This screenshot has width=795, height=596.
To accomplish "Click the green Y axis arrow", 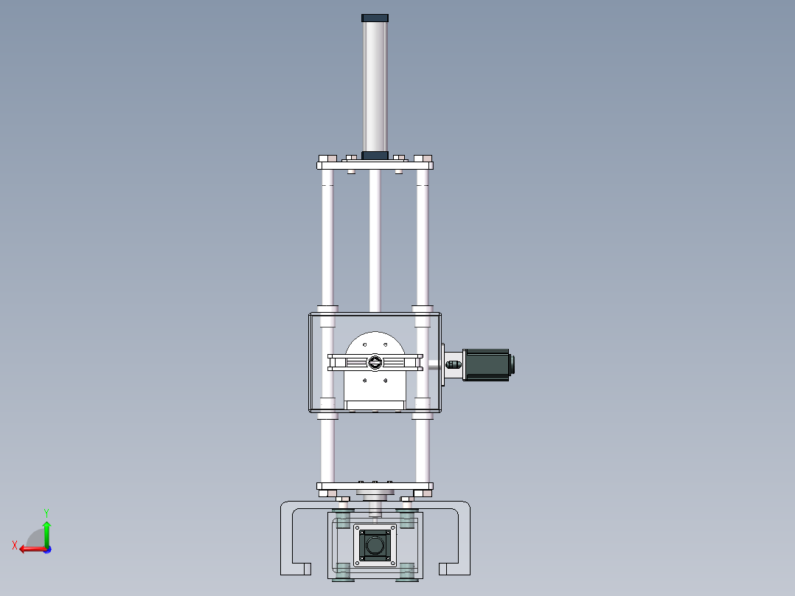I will pos(46,531).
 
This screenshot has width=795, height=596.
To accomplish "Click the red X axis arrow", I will pos(29,549).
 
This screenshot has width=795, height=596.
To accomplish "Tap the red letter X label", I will pos(14,545).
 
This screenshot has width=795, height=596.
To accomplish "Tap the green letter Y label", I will pos(46,511).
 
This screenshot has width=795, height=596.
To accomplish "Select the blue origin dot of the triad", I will pos(47,549).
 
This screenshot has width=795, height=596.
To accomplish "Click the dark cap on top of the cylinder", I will pos(375,17).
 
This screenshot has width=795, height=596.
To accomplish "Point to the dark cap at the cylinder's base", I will pos(375,155).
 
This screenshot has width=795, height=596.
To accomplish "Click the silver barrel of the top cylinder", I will pos(375,85).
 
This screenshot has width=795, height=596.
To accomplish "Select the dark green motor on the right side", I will pos(487,364).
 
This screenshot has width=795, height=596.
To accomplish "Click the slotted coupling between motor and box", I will pos(453,364).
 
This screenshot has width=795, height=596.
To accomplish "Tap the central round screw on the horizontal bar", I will pos(375,362).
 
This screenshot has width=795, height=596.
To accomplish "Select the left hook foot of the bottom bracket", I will pos(295,568).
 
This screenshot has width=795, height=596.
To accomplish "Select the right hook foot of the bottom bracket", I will pos(454,568).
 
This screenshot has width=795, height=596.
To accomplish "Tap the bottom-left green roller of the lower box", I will pos(342,570).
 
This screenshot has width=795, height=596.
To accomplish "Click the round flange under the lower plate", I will pos(375,493).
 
